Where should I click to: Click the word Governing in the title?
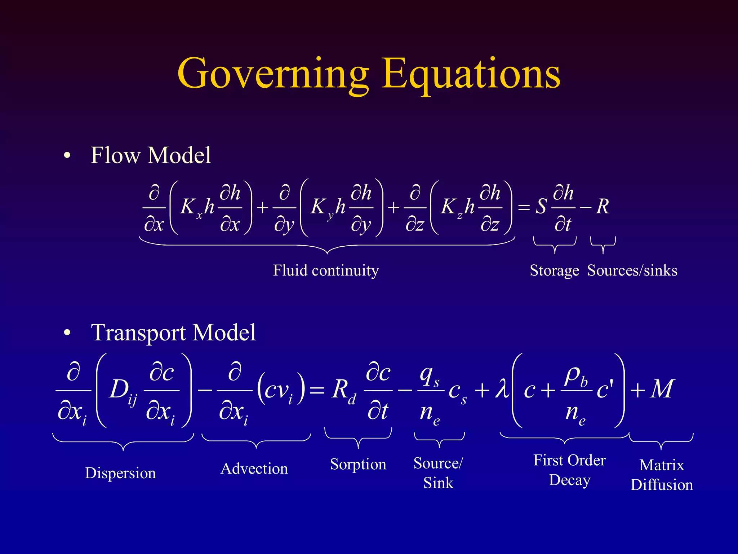tap(273, 74)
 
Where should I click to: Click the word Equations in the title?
tap(471, 74)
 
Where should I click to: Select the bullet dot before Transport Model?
tap(67, 333)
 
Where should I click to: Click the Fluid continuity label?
tap(326, 271)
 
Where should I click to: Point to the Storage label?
tap(554, 271)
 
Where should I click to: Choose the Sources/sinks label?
tap(632, 271)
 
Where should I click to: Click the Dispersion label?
tap(120, 473)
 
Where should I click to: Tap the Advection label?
tap(254, 469)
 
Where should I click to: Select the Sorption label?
tap(358, 464)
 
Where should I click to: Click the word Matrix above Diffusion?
tap(662, 465)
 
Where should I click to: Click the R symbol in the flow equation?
tap(603, 207)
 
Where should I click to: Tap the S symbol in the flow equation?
tap(541, 207)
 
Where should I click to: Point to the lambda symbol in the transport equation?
tap(502, 390)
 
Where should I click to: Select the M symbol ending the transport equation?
tap(662, 389)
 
